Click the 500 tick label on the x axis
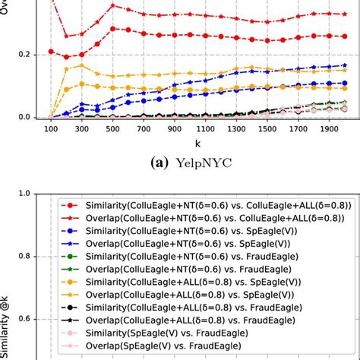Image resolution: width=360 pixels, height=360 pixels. pos(113,130)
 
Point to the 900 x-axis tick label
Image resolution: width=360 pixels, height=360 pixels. pos(175,130)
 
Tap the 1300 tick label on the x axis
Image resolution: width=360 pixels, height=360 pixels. pos(237,130)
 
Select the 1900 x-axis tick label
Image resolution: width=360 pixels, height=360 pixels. pos(330,130)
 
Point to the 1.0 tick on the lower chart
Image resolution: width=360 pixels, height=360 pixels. pos(30,194)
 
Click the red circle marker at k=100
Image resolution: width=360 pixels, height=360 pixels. pos(51,51)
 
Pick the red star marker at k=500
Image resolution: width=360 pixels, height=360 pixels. pos(113,5)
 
